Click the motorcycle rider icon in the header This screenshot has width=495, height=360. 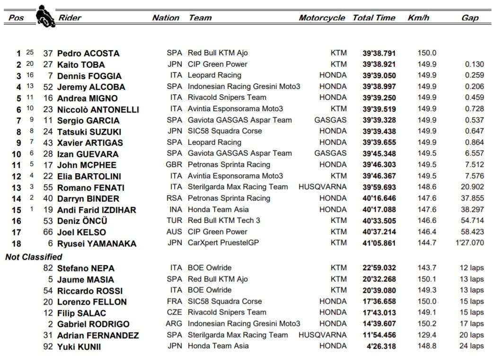(x=45, y=16)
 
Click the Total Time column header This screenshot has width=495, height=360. (x=373, y=18)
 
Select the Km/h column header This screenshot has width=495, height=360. (x=418, y=18)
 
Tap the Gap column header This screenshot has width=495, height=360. (x=469, y=18)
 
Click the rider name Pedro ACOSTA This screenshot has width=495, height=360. (x=88, y=53)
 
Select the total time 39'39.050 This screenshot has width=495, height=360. (x=379, y=76)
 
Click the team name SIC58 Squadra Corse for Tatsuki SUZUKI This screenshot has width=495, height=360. (x=225, y=132)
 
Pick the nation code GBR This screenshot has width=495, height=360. (x=174, y=165)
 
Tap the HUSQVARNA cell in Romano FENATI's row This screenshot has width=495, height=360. (x=322, y=187)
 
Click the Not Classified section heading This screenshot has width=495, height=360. (x=34, y=257)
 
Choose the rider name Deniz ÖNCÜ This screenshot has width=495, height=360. (x=82, y=221)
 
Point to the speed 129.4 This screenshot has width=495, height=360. (x=427, y=335)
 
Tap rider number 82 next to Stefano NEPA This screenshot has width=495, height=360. (x=48, y=268)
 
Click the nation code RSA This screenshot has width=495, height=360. (x=174, y=198)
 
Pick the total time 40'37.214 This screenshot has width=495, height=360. (x=379, y=232)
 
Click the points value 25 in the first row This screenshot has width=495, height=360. (x=30, y=53)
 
